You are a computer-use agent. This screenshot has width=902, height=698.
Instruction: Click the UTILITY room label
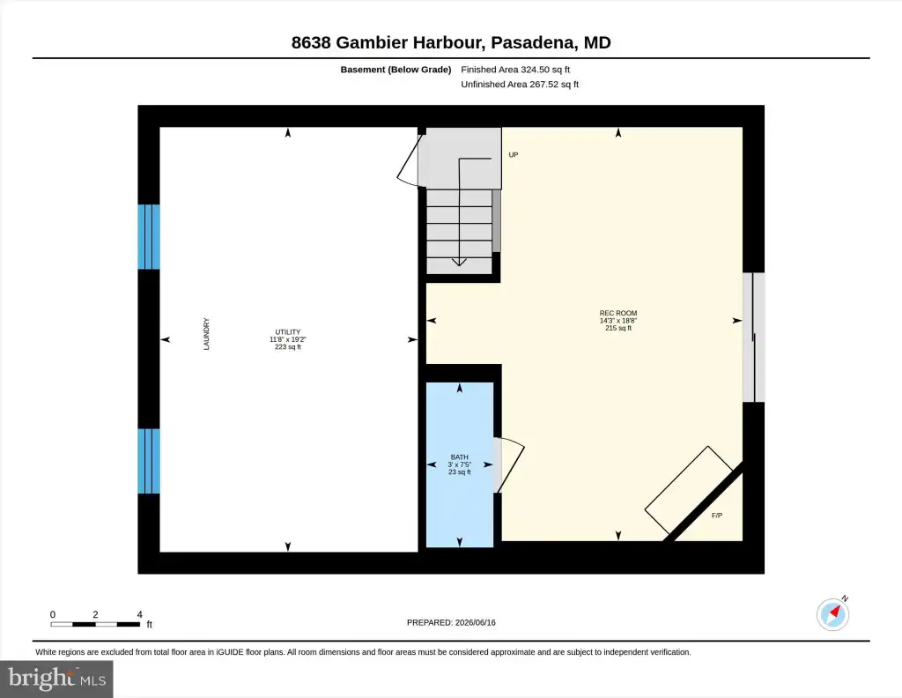288,332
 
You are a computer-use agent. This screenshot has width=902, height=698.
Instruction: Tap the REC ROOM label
618,313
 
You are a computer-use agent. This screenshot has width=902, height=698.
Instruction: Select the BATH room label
460,457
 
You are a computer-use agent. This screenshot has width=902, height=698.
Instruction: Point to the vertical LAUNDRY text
206,334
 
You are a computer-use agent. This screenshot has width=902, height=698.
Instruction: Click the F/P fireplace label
717,516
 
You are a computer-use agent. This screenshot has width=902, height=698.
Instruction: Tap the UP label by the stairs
514,155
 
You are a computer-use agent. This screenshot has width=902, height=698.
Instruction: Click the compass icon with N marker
833,613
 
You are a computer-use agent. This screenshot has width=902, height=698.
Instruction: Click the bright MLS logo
56,679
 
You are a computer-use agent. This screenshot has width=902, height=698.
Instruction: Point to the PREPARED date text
451,622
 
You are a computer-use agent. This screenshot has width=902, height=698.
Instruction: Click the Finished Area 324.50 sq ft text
515,70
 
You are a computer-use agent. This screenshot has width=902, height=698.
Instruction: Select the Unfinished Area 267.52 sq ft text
520,84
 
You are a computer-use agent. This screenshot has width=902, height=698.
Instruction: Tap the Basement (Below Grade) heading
396,70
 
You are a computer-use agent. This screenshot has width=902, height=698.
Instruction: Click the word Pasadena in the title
533,42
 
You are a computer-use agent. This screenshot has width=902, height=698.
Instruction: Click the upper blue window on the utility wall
148,236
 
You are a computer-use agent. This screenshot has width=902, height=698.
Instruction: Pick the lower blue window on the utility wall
148,461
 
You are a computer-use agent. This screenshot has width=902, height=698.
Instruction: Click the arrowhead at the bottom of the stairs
459,262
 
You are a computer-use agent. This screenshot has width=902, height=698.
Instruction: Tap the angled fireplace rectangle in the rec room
689,490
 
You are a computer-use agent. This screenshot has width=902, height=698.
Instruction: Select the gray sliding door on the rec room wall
754,338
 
